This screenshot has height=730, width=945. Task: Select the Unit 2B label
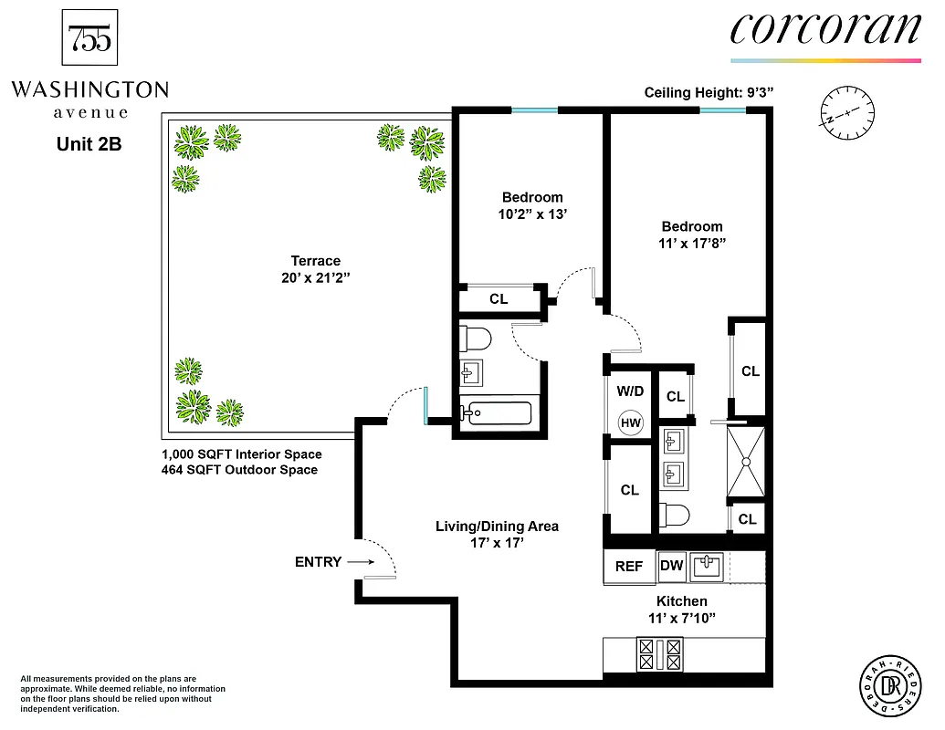(89, 143)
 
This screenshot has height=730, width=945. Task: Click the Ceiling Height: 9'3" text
(709, 92)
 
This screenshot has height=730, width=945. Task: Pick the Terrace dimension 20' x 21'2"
(315, 277)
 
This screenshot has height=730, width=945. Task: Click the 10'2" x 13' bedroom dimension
(532, 214)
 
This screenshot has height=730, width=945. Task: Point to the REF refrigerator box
(628, 566)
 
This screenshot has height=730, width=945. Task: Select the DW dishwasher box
(671, 566)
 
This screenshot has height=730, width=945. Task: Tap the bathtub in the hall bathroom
(498, 412)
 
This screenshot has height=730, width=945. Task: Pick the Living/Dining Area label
(497, 526)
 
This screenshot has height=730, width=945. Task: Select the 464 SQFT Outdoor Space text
(240, 470)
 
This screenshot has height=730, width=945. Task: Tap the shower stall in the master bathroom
(747, 461)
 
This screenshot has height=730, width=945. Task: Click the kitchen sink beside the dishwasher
(708, 567)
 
